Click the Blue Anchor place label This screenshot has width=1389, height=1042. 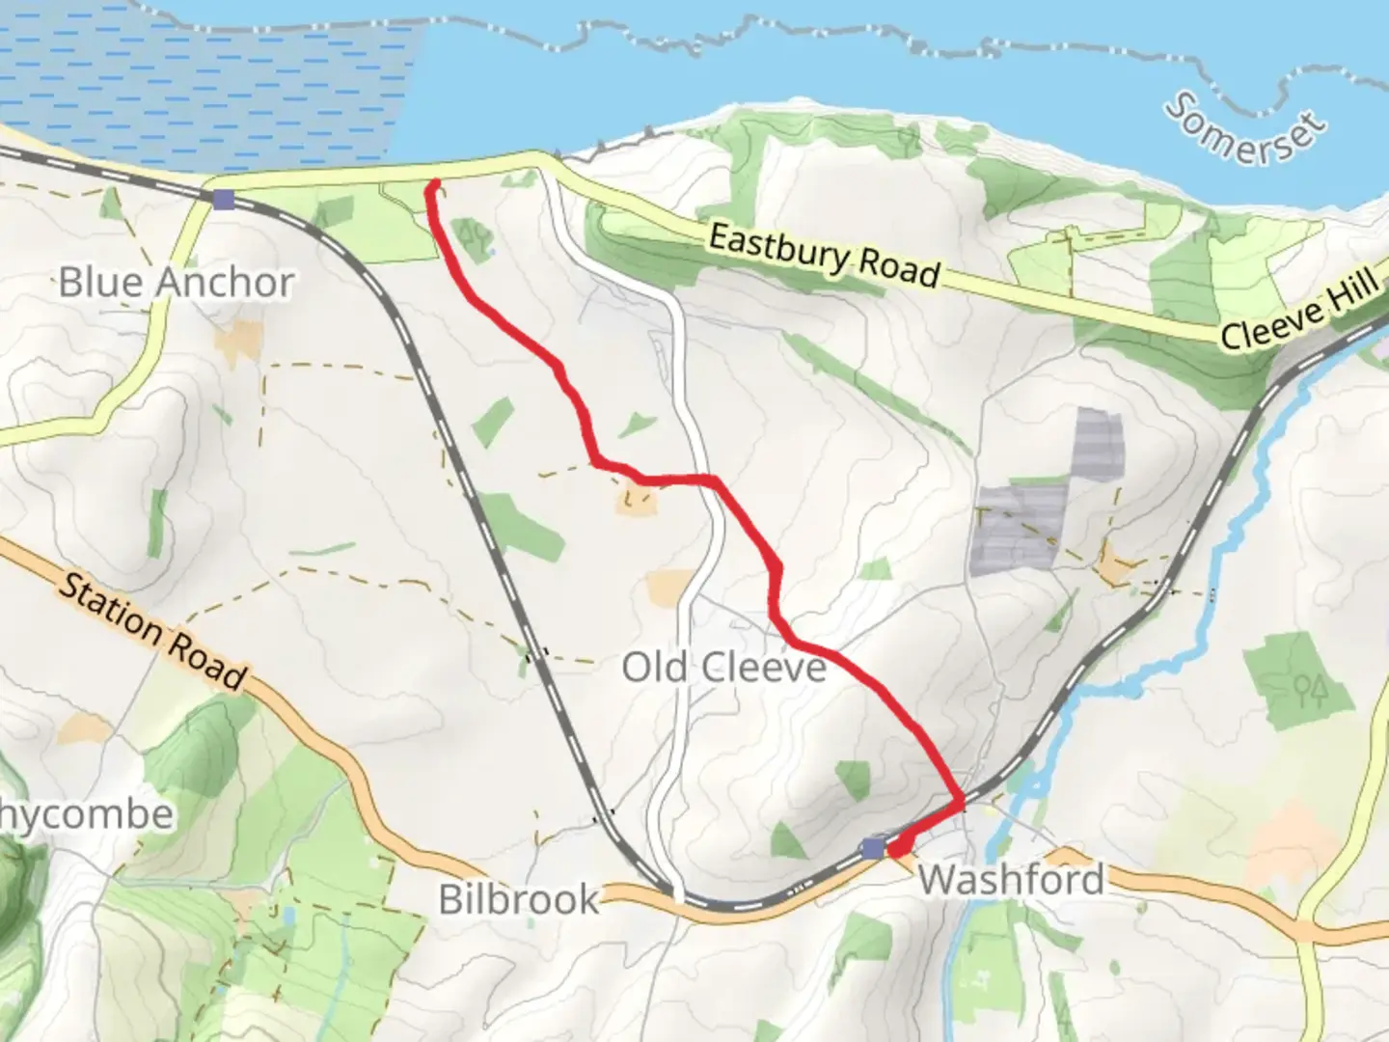tap(176, 283)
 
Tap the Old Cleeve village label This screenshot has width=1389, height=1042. tap(723, 667)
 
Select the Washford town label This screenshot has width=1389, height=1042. tap(1011, 879)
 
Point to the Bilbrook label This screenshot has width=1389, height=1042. tap(519, 899)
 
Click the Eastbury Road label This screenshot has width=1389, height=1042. tap(824, 257)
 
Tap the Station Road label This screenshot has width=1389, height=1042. tap(152, 631)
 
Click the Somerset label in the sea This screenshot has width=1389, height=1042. tap(1244, 129)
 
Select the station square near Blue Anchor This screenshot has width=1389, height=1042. tap(224, 200)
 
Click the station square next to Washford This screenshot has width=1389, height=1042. tap(873, 848)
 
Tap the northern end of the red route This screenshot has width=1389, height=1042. tap(435, 183)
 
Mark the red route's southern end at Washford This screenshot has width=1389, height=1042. tap(896, 851)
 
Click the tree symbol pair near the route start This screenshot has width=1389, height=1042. tap(473, 233)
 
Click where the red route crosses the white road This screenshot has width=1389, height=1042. tap(714, 480)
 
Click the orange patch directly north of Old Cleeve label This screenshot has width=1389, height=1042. tap(669, 588)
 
